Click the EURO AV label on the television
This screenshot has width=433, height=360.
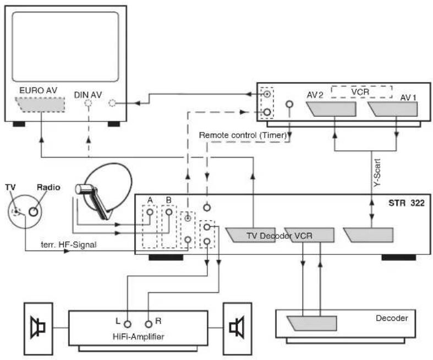tap(38, 90)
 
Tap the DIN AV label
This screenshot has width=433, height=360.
tap(88, 95)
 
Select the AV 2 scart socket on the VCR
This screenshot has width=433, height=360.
tap(331, 109)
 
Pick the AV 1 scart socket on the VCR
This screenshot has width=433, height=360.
tap(392, 109)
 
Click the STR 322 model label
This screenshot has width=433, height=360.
tap(406, 203)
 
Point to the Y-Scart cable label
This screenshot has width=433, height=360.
tap(377, 172)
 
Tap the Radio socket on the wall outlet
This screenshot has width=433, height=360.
tap(34, 211)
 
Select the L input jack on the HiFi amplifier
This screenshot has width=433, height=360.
tap(127, 324)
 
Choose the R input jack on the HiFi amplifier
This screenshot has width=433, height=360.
tap(149, 324)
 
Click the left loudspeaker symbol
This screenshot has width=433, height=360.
tap(38, 328)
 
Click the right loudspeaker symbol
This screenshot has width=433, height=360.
tap(237, 328)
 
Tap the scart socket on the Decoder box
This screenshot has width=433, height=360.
tap(311, 323)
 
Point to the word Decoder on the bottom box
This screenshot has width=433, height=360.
tap(392, 318)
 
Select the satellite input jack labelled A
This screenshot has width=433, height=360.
tap(150, 212)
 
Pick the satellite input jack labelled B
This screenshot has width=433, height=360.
tap(169, 212)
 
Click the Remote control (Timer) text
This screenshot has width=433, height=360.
tap(243, 135)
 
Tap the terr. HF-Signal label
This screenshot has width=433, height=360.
tap(69, 245)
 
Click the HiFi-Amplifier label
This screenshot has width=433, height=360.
tap(138, 336)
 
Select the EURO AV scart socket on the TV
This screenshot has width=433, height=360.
tap(40, 105)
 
